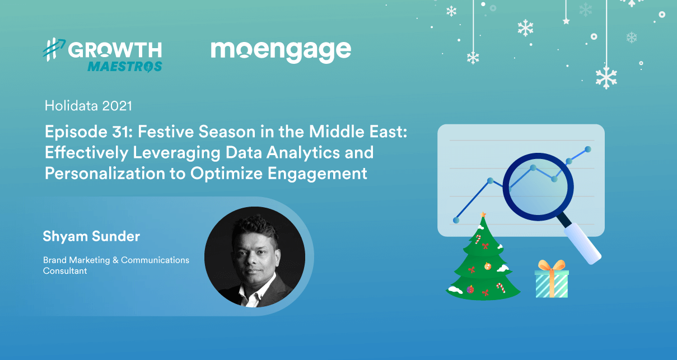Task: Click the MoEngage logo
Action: [281, 51]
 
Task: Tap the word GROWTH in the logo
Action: [115, 50]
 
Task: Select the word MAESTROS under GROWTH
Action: [124, 67]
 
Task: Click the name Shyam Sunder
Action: [91, 236]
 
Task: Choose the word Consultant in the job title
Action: [65, 271]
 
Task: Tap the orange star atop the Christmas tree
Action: [483, 214]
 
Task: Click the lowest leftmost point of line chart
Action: [456, 220]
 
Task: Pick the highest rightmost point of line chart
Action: [587, 149]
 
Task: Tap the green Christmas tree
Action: [483, 263]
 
